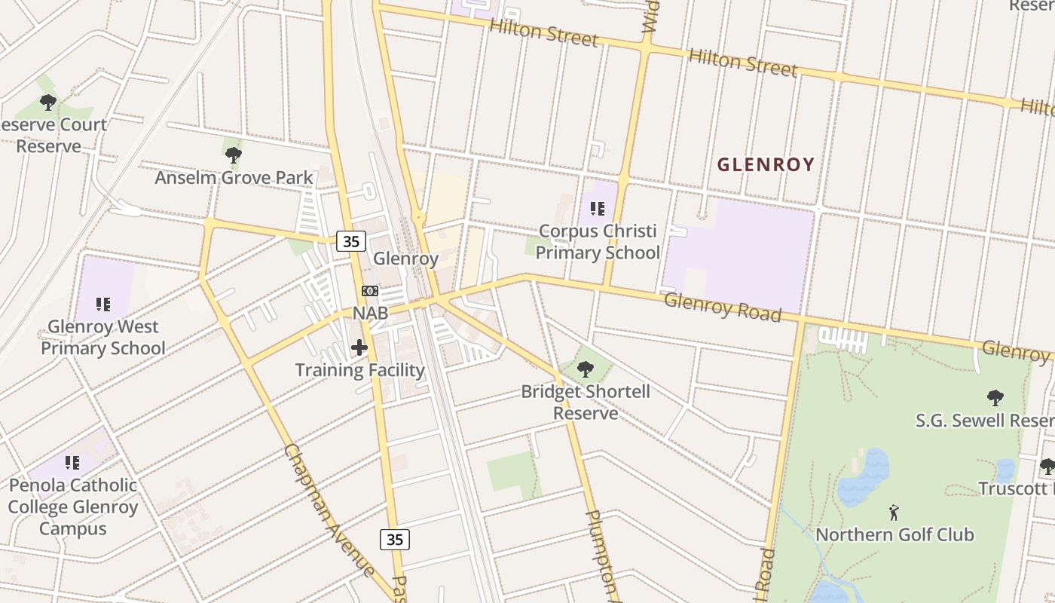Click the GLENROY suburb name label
pyautogui.click(x=766, y=164)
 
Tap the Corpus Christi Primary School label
pyautogui.click(x=598, y=242)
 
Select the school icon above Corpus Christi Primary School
pyautogui.click(x=598, y=208)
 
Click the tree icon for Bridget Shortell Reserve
pyautogui.click(x=585, y=369)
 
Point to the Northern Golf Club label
pyautogui.click(x=894, y=535)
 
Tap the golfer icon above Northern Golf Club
pyautogui.click(x=894, y=513)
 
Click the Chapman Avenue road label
pyautogui.click(x=329, y=510)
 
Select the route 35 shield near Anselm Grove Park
pyautogui.click(x=351, y=241)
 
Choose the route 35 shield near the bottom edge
pyautogui.click(x=395, y=539)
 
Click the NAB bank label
pyautogui.click(x=370, y=313)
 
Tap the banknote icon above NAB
pyautogui.click(x=370, y=291)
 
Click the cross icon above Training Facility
pyautogui.click(x=359, y=347)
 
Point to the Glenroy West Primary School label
pyautogui.click(x=103, y=338)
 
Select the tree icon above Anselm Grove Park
pyautogui.click(x=233, y=155)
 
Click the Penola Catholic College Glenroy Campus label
pyautogui.click(x=73, y=507)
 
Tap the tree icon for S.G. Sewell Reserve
pyautogui.click(x=995, y=397)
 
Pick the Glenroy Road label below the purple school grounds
pyautogui.click(x=722, y=308)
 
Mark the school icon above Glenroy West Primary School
pyautogui.click(x=103, y=305)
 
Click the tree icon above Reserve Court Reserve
pyautogui.click(x=48, y=102)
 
